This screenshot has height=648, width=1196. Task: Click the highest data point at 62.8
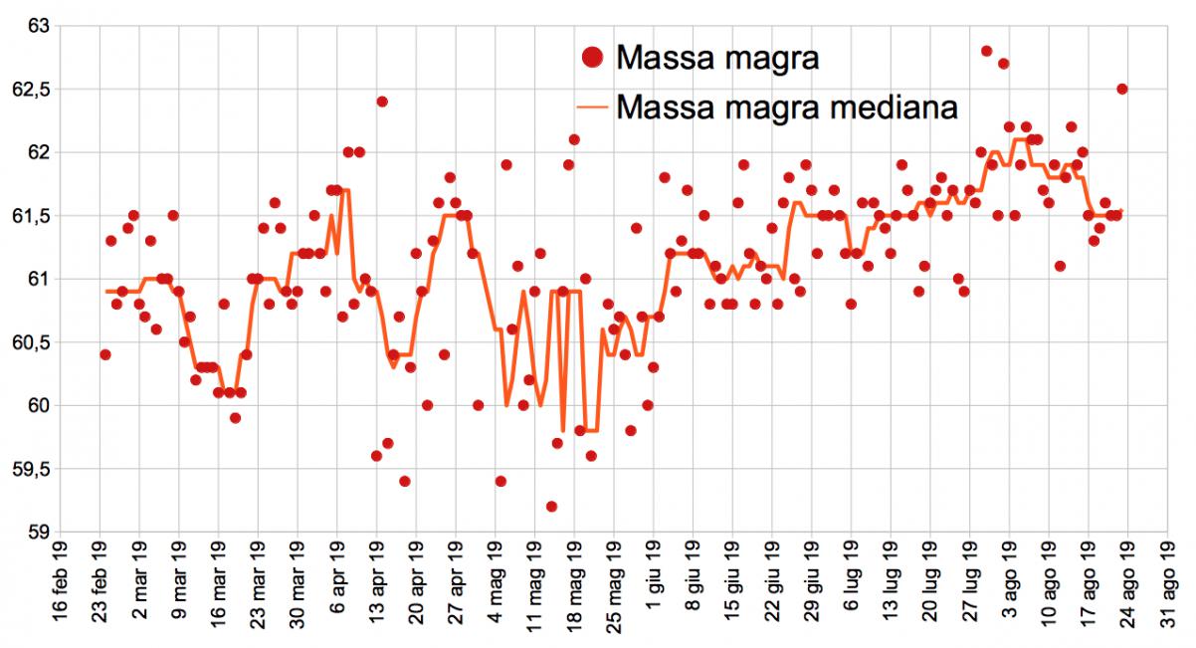pyautogui.click(x=986, y=51)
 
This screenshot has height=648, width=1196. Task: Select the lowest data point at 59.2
pyautogui.click(x=551, y=507)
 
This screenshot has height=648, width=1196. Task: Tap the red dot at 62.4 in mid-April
pyautogui.click(x=381, y=102)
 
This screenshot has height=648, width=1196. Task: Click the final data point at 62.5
pyautogui.click(x=1121, y=89)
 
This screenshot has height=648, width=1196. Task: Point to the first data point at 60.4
pyautogui.click(x=105, y=354)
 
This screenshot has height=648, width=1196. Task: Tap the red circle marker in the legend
pyautogui.click(x=593, y=58)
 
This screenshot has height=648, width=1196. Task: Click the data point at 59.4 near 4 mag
pyautogui.click(x=500, y=481)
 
